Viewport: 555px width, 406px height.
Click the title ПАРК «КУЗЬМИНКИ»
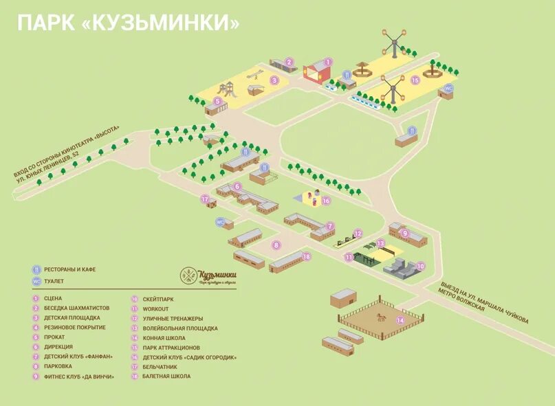(129, 23)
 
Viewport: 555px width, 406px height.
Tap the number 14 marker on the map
(400, 319)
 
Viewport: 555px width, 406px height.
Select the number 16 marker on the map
(326, 201)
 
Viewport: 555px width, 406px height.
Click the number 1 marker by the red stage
(328, 62)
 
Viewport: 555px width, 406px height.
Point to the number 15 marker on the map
(415, 80)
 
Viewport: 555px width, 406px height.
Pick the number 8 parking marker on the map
(276, 245)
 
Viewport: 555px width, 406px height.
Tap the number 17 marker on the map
(204, 199)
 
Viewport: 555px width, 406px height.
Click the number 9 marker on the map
(405, 234)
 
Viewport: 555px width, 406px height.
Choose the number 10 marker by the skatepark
(420, 265)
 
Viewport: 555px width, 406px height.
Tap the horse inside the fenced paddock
(380, 317)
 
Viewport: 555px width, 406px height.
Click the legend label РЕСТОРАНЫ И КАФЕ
(69, 269)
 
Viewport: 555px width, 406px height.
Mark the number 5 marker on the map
(217, 101)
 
